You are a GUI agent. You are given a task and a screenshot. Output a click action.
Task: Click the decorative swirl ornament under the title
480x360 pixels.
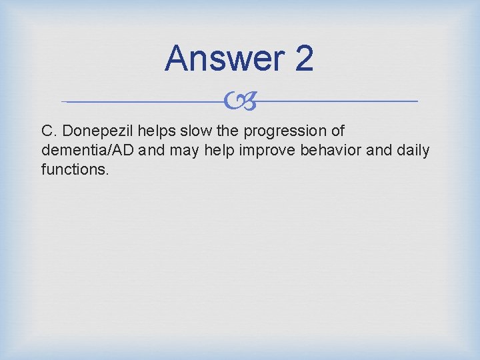click(239, 101)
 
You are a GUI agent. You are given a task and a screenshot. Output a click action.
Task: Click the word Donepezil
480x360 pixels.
click(99, 131)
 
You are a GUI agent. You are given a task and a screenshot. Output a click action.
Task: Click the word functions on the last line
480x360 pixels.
click(74, 169)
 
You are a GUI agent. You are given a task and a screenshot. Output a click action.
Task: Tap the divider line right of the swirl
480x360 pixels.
click(340, 101)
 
